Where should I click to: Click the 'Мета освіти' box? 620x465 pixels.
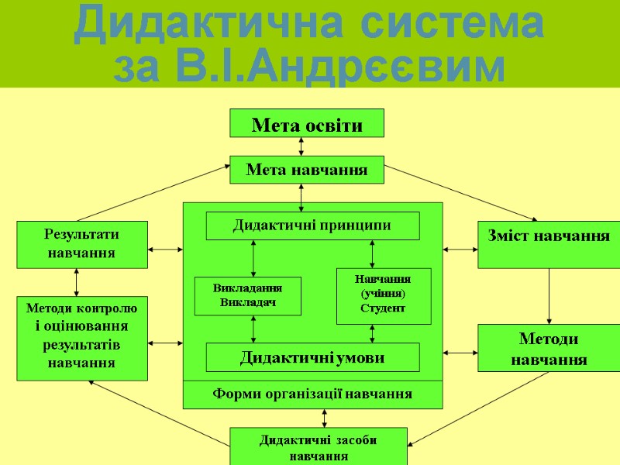point(307,123)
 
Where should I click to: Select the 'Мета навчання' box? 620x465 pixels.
point(307,169)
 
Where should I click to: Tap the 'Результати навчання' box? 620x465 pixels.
point(81,244)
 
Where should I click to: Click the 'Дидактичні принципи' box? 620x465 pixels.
point(312,226)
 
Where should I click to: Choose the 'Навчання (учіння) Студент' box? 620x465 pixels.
point(383,295)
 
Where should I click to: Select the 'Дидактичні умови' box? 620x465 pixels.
point(312,357)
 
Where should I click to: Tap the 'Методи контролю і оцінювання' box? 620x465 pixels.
point(81,338)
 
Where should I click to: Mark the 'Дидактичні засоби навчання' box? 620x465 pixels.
point(318,446)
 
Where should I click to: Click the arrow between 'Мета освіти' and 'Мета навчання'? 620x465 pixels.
point(301,146)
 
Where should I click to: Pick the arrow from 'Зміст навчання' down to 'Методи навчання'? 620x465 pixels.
point(549,296)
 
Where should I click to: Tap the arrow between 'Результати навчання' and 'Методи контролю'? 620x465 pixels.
point(77,282)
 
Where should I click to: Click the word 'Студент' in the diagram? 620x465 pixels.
point(383,308)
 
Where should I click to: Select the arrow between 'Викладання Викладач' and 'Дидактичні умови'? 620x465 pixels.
point(254,329)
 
